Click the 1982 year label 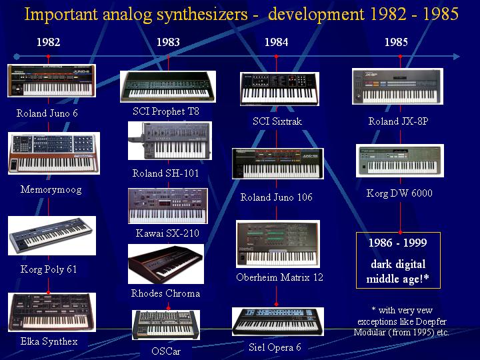point(49,42)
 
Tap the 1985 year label point(396,42)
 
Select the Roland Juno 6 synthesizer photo point(51,81)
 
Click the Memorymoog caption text point(51,189)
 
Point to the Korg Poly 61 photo point(52,236)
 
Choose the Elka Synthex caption point(49,341)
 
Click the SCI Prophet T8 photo point(168,87)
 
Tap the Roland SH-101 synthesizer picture point(169,141)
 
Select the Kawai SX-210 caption point(167,233)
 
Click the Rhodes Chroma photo point(166,264)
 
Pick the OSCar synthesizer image point(166,325)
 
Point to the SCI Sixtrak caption point(277,121)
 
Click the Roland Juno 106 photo point(277,164)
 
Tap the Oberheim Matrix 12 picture point(278,244)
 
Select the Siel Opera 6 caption point(275,347)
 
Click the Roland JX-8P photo point(397,87)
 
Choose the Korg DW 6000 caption point(399,193)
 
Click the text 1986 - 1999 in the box point(397,243)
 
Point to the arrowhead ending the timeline point(456,57)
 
